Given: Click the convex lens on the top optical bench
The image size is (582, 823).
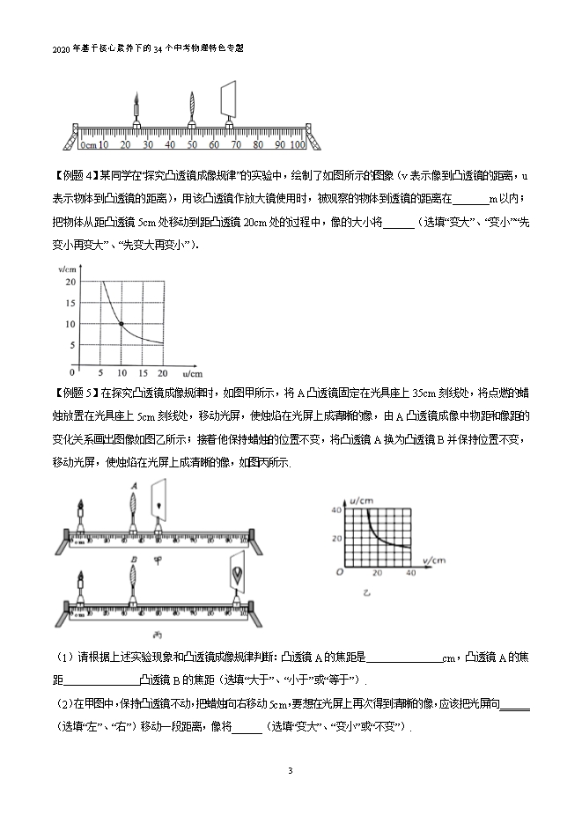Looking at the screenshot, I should click(x=191, y=109).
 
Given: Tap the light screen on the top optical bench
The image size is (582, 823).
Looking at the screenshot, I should click(x=230, y=99).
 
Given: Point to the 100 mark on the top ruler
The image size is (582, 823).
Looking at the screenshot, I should click(x=297, y=143).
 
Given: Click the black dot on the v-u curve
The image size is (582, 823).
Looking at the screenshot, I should click(x=122, y=324).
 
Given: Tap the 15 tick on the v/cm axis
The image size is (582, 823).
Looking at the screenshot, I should click(x=70, y=302).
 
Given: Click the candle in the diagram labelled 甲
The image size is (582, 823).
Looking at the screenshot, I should click(x=81, y=512).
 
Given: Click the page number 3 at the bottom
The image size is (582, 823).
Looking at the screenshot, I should click(x=290, y=771).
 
